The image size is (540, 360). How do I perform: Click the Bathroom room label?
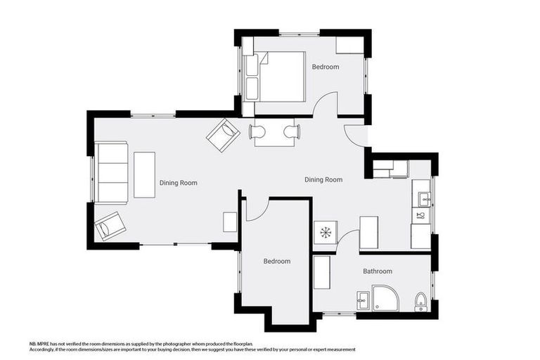378,271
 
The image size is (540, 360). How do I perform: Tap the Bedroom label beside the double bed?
326,67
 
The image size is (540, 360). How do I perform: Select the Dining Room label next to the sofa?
179,183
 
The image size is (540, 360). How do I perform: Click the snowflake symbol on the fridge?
325,233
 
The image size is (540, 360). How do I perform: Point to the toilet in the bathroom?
420,302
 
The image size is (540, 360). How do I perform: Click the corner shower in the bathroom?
386,298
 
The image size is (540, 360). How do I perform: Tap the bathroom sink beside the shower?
363,301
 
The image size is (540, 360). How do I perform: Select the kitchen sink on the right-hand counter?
424,200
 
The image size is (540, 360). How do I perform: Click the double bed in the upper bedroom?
275,77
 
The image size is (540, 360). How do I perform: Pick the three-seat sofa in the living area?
111,172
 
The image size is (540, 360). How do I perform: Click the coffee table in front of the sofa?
144,175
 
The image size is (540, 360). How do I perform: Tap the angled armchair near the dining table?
223,135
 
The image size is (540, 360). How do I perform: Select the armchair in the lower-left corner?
110,226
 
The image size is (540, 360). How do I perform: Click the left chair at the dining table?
257,132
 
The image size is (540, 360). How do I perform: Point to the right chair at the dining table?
292,132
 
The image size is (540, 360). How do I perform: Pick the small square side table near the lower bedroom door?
230,222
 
